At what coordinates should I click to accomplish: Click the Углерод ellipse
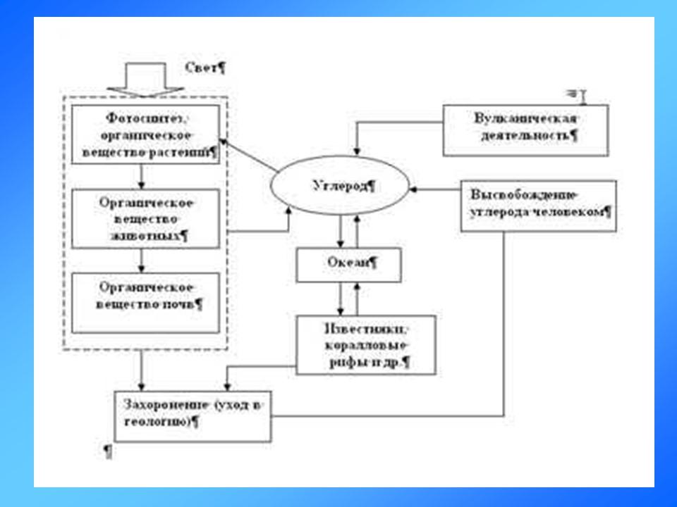339,187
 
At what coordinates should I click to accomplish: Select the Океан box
348,265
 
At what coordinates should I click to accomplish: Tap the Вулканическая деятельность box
525,130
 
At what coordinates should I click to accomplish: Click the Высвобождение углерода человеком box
539,206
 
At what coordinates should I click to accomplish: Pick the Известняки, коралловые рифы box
365,344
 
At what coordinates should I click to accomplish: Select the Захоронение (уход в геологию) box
193,415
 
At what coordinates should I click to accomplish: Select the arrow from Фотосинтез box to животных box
142,175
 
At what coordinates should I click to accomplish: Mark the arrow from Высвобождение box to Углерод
437,189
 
